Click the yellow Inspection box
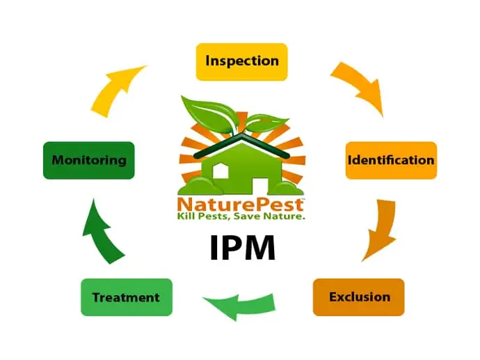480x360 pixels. [241, 62]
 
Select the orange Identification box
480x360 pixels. [391, 160]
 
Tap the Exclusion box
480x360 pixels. [358, 297]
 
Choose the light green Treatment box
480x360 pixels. [127, 297]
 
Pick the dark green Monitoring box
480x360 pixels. [89, 160]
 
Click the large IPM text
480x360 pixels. [243, 248]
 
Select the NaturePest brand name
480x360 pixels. [240, 205]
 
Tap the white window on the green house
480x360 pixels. [221, 171]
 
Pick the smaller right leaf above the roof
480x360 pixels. [266, 123]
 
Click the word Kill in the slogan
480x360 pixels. [186, 216]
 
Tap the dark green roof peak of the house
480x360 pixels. [241, 136]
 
